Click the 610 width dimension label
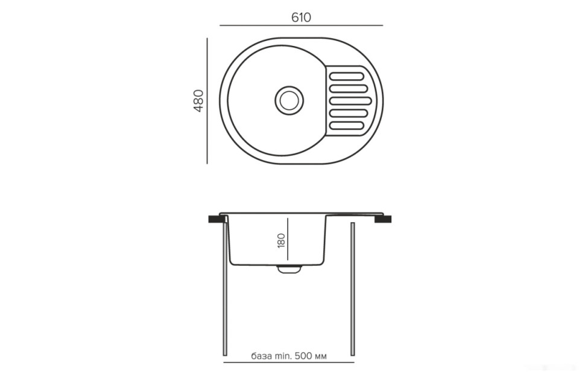301,18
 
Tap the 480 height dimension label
198,101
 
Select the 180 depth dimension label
281,240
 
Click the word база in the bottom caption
261,356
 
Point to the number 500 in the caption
303,356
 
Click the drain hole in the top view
289,100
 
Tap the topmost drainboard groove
347,77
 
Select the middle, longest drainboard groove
350,101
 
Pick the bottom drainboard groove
347,126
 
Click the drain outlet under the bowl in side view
289,269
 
